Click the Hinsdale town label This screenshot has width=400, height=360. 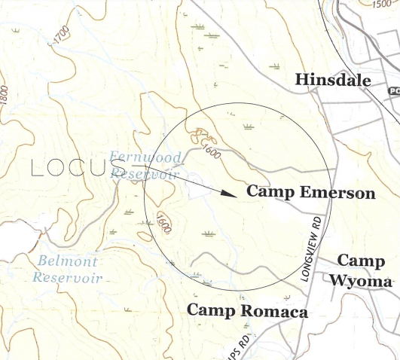(331, 80)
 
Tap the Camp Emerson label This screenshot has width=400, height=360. (310, 193)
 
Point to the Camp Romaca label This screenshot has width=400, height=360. (247, 310)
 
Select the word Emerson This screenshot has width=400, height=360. (337, 193)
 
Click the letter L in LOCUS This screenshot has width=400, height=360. (38, 168)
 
